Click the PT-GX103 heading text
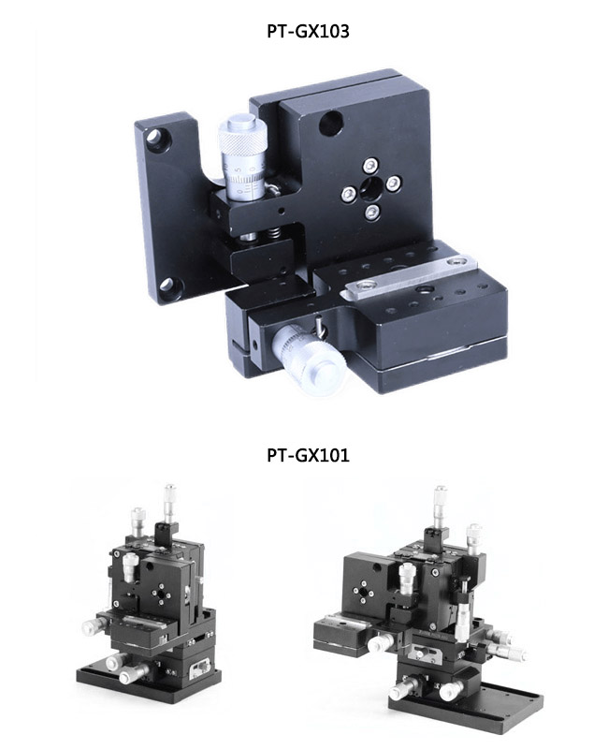click(304, 31)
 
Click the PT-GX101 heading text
click(304, 456)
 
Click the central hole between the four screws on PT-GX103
click(370, 187)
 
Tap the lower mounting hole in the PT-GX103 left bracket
click(168, 285)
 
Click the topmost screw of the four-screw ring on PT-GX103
click(371, 161)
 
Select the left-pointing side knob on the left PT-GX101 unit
click(92, 626)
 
